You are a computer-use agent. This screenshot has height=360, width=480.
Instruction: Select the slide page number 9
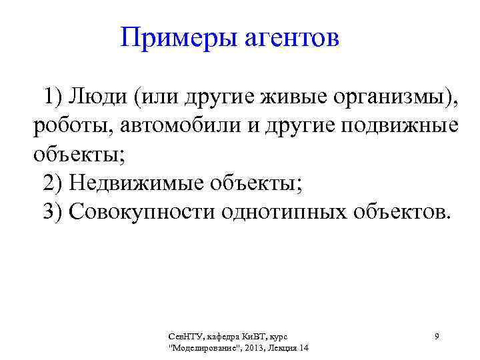[x=436, y=337]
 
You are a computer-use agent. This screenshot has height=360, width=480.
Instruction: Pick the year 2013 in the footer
[x=254, y=348]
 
